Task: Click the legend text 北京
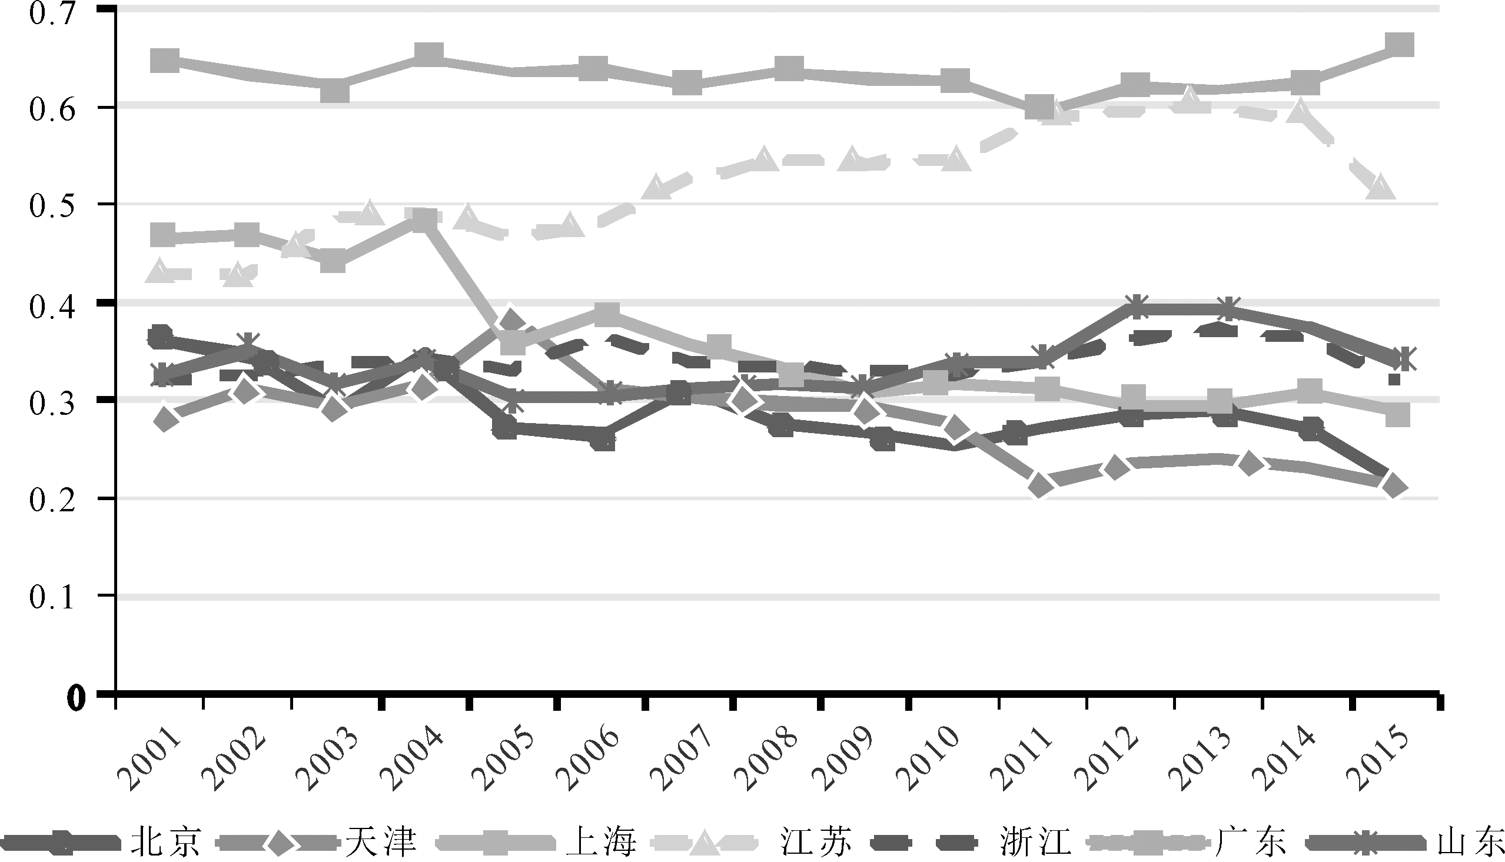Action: tap(167, 841)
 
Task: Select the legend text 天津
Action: tap(381, 841)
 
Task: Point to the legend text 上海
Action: tap(600, 841)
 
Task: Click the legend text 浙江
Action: tap(1035, 841)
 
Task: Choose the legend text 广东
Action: tap(1250, 841)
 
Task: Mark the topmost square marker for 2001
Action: tap(165, 61)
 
